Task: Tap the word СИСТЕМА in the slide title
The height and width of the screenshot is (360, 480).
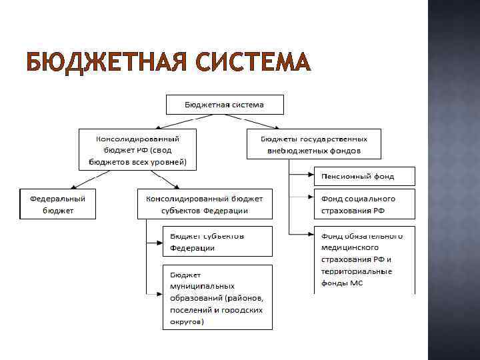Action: coord(253,63)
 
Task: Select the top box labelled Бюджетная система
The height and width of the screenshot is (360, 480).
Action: coord(225,105)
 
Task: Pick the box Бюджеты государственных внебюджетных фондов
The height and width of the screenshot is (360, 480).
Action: coord(314,145)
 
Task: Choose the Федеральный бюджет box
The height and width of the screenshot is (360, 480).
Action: coord(57,204)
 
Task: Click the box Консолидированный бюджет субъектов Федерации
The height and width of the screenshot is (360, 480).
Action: coord(205,204)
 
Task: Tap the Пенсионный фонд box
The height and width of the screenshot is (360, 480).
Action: coord(365,176)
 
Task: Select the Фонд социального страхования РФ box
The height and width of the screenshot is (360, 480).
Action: coord(365,204)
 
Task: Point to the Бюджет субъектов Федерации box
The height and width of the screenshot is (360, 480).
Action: coord(217,241)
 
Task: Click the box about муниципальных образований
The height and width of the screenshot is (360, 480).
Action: coord(217,297)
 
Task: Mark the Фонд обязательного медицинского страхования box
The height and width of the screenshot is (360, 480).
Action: coord(365,260)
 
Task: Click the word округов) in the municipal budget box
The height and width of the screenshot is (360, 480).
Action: coord(187,321)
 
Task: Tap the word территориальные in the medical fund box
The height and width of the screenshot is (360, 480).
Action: coord(357,272)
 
